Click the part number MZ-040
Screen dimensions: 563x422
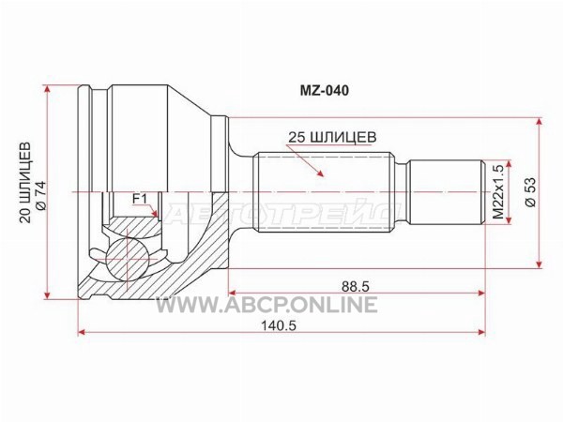point(325,91)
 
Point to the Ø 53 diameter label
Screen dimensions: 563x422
point(530,192)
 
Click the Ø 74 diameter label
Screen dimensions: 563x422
point(41,196)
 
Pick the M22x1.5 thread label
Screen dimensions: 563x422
point(498,192)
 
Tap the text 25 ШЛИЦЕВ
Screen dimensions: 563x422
point(332,137)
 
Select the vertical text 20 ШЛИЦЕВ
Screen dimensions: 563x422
point(25,182)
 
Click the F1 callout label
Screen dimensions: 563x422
point(140,199)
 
